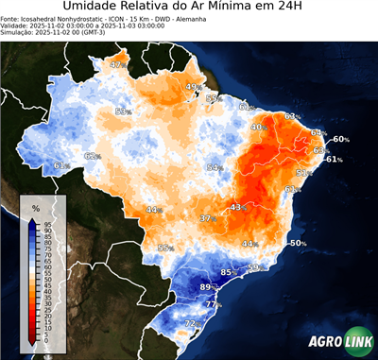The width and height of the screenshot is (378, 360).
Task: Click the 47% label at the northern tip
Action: pyautogui.click(x=117, y=65)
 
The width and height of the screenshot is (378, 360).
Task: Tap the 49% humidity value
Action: pyautogui.click(x=193, y=88)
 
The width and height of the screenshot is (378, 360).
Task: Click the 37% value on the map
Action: pyautogui.click(x=207, y=218)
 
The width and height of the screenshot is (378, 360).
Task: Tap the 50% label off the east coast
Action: pyautogui.click(x=298, y=243)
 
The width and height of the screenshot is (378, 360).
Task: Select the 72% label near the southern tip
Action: pyautogui.click(x=192, y=324)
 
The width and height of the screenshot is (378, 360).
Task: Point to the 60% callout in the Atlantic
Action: pyautogui.click(x=340, y=140)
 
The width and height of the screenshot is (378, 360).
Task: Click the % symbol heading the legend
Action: pyautogui.click(x=35, y=208)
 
